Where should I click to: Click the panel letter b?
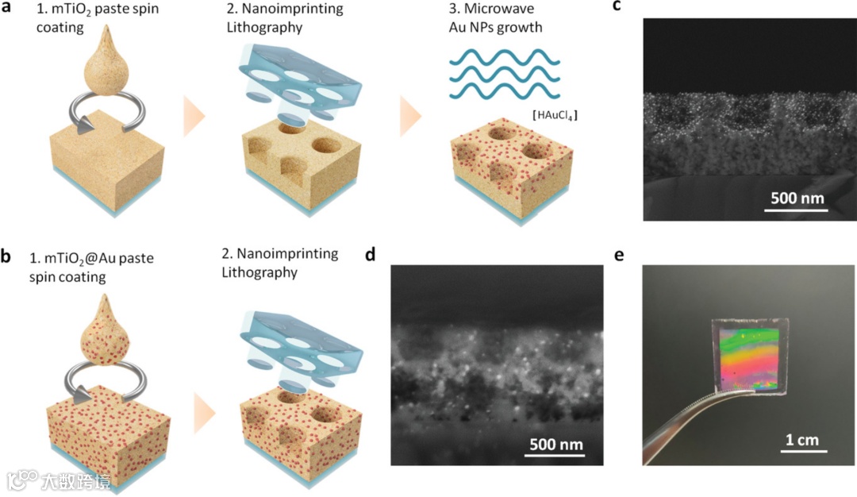7,257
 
